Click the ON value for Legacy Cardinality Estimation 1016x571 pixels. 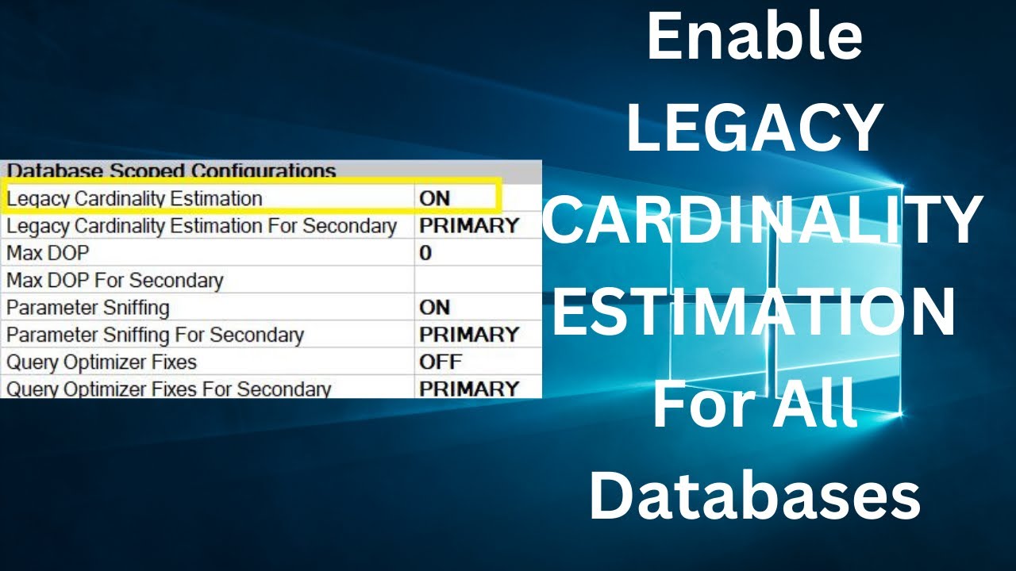[x=435, y=198]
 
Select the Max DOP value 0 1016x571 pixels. [x=425, y=253]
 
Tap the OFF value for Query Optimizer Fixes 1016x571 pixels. [x=441, y=362]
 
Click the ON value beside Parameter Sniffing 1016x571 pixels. [x=435, y=307]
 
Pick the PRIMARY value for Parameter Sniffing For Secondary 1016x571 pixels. [x=469, y=335]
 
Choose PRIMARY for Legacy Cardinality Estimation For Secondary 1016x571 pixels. [x=469, y=225]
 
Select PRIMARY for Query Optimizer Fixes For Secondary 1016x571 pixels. [x=469, y=389]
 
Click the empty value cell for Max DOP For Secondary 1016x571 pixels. [x=476, y=280]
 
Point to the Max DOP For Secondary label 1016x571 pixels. [x=115, y=280]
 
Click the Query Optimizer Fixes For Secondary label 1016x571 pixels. [x=168, y=389]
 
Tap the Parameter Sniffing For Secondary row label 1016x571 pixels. [x=155, y=335]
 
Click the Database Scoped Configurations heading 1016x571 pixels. [x=171, y=171]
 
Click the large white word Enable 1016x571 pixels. [x=754, y=38]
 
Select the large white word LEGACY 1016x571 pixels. [x=754, y=129]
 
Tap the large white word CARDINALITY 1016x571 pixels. [x=762, y=221]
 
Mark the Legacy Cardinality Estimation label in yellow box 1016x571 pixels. [x=135, y=198]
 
